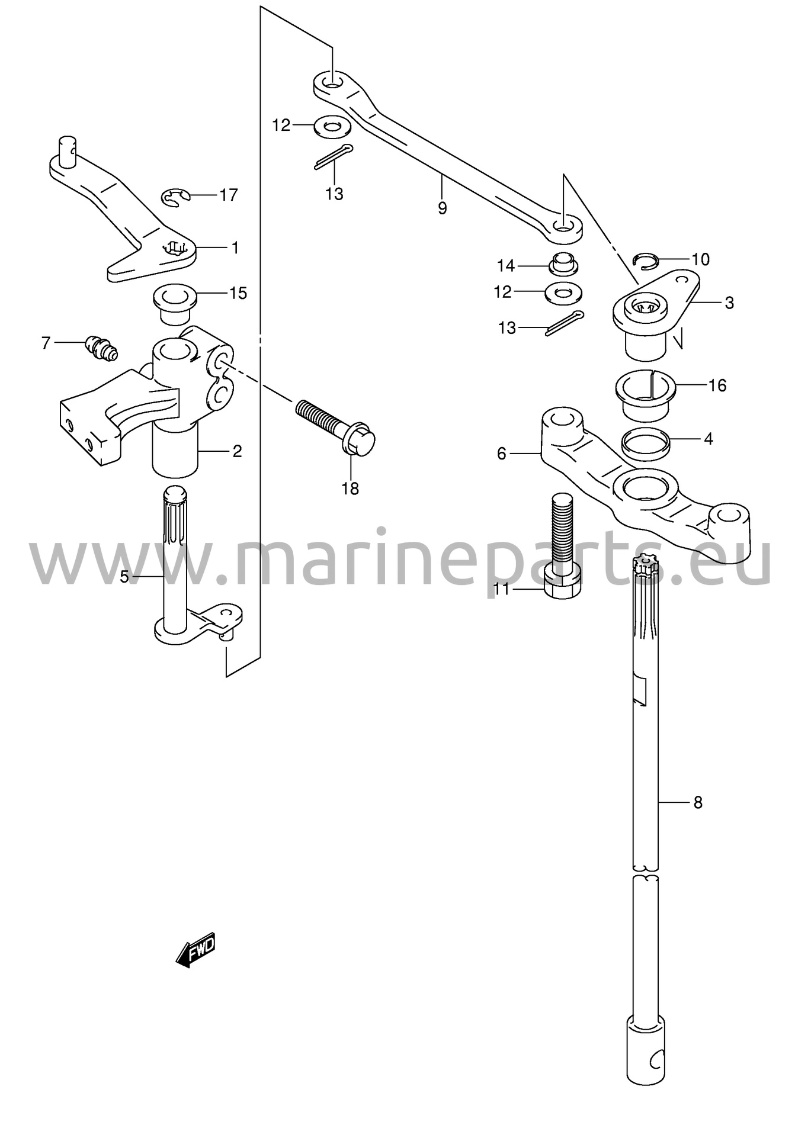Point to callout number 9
[x=442, y=208]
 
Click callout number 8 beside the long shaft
[x=697, y=803]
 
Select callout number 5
[x=124, y=576]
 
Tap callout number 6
[x=502, y=454]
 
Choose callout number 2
[x=237, y=451]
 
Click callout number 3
[x=729, y=303]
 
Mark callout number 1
[x=235, y=247]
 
